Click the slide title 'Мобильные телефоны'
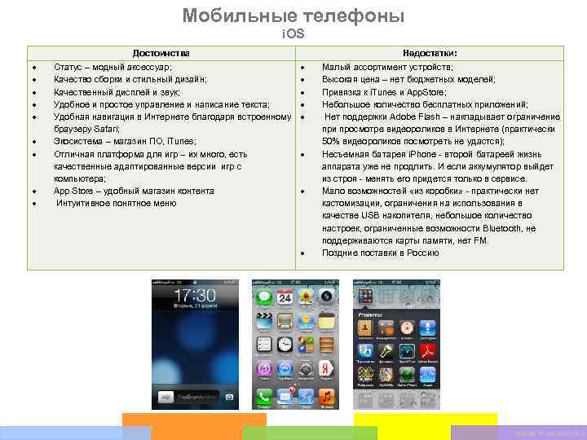point(293,15)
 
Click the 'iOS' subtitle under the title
point(293,34)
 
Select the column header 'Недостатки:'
point(430,52)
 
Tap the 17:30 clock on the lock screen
point(195,294)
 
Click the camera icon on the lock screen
point(231,397)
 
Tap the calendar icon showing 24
point(285,297)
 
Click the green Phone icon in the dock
point(264,397)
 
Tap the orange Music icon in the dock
point(326,397)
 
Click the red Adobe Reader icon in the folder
point(428,351)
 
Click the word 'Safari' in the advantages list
point(107,130)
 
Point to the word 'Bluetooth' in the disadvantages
point(501,228)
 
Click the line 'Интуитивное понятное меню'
point(116,203)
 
